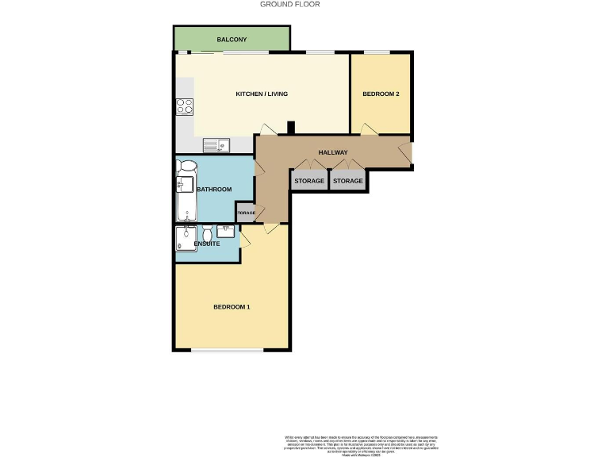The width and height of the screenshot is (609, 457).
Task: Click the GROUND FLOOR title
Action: (290, 4)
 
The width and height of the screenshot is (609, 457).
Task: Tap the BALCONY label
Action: (232, 40)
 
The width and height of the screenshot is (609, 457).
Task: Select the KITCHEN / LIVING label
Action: (262, 94)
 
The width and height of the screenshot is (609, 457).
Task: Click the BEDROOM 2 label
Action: (381, 94)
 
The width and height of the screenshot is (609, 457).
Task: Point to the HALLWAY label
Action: (333, 152)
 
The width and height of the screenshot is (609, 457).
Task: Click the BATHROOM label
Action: (214, 190)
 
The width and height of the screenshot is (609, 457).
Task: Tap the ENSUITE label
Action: (207, 244)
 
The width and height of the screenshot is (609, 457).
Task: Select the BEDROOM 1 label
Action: (232, 307)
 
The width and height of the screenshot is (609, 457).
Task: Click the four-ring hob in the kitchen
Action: (185, 106)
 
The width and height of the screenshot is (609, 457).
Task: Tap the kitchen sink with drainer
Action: (215, 144)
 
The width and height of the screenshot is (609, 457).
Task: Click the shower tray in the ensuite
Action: (186, 238)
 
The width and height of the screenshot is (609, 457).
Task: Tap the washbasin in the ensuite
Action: (225, 232)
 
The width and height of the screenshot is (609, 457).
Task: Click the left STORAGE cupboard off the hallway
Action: (309, 181)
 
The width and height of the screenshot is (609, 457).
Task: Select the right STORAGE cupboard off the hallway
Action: (347, 181)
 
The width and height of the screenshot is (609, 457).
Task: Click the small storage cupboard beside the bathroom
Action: (245, 213)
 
